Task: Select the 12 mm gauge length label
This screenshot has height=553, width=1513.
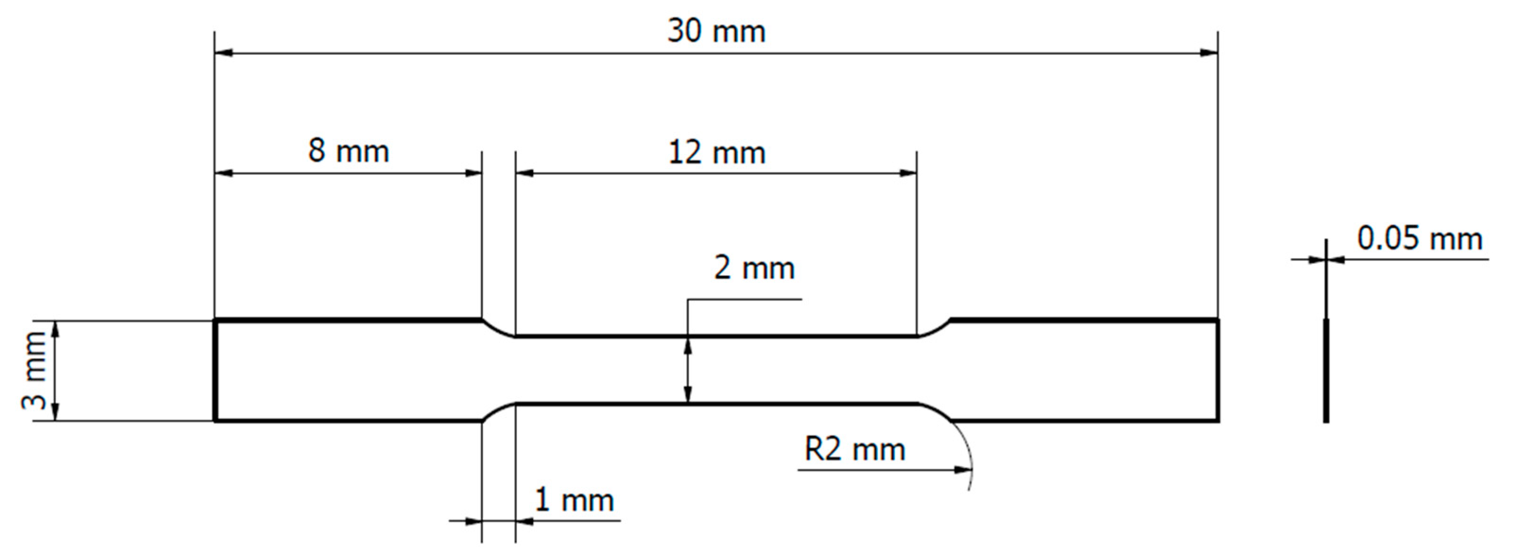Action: pyautogui.click(x=716, y=152)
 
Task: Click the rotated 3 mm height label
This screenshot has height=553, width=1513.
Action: pyautogui.click(x=34, y=370)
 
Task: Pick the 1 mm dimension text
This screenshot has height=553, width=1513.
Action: pyautogui.click(x=574, y=500)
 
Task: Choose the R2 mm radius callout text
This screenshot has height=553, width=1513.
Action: pyautogui.click(x=855, y=449)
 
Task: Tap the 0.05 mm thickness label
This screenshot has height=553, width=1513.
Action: pyautogui.click(x=1419, y=239)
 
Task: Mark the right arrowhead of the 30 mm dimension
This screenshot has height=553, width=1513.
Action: pyautogui.click(x=1208, y=53)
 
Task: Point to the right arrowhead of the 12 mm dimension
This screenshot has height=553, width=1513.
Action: pyautogui.click(x=908, y=173)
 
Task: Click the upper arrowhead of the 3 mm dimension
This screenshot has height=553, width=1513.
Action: pyautogui.click(x=56, y=329)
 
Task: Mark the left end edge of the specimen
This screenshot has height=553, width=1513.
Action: pyautogui.click(x=215, y=370)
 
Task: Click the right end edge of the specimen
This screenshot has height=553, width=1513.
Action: pyautogui.click(x=1218, y=370)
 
